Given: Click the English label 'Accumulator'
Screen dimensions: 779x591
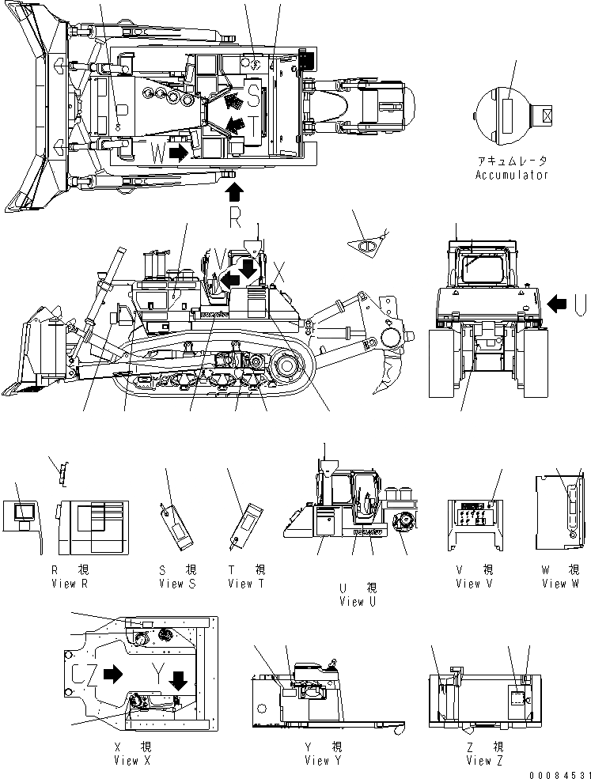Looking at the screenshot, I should pos(511,175).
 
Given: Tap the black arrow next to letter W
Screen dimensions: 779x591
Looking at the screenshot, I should pos(180,152).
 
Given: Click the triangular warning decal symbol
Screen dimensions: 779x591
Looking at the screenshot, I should pos(369,246).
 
